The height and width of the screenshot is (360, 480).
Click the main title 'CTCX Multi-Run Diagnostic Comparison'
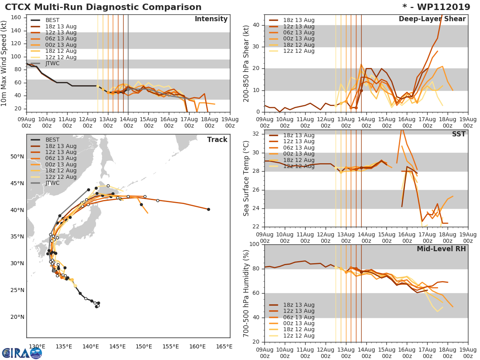(103, 7)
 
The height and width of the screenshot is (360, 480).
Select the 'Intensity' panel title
(211, 19)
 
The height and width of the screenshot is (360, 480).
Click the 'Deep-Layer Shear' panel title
(432, 19)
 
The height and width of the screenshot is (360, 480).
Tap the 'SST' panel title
(459, 134)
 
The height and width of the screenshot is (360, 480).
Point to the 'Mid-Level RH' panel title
(441, 249)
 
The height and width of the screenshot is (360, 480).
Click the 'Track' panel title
(217, 140)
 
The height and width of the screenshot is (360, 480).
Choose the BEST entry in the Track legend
(52, 140)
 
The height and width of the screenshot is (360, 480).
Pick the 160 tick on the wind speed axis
(16, 18)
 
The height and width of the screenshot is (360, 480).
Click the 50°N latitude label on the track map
(17, 156)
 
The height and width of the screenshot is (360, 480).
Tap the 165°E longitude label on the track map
(224, 346)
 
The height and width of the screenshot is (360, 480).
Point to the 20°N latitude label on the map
(17, 317)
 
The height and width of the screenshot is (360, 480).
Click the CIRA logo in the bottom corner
(22, 353)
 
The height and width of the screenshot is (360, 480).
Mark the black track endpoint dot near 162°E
(208, 209)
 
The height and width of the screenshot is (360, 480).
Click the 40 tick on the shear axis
(256, 25)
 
